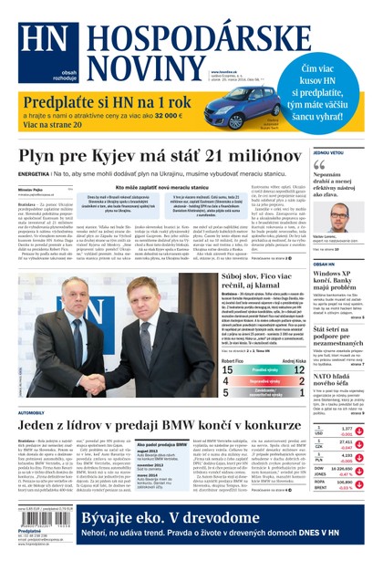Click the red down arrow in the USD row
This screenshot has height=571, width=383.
click(359, 431)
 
